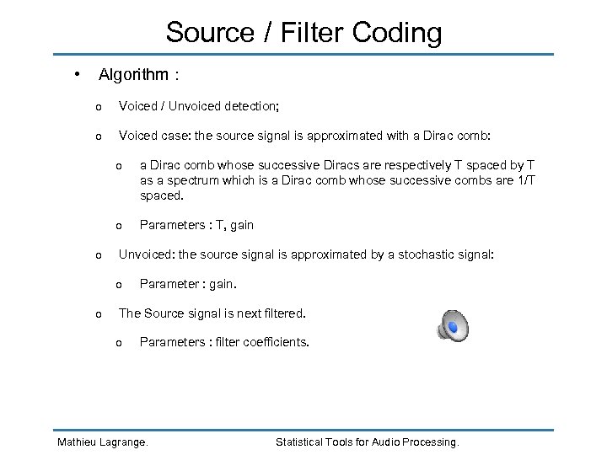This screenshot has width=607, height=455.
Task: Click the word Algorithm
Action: pos(133,75)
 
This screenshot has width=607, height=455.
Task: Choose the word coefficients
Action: pos(274,343)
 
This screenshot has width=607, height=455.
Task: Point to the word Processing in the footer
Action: pos(431,442)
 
